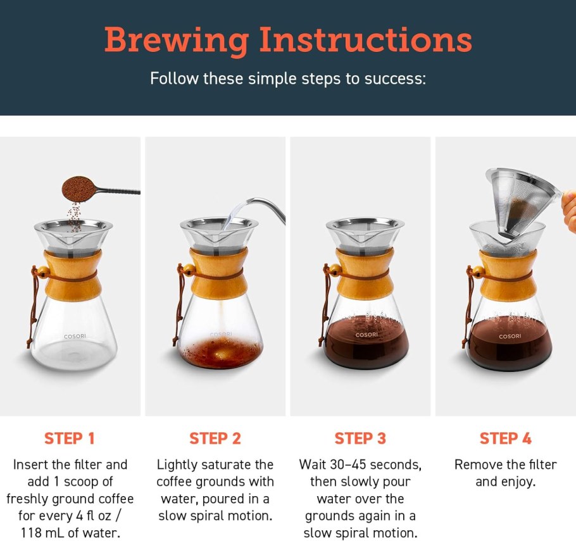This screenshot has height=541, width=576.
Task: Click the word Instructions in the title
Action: tap(366, 39)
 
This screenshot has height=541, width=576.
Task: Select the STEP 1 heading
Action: tap(70, 438)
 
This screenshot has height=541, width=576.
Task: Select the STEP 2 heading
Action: tap(215, 438)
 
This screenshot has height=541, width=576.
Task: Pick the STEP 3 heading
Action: tap(360, 438)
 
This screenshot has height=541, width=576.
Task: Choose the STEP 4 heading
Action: tap(505, 438)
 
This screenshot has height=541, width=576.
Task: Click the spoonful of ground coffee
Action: tap(78, 187)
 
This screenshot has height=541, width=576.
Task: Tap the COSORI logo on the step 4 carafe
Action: tap(510, 336)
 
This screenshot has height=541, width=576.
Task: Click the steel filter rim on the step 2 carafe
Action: tap(219, 225)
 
